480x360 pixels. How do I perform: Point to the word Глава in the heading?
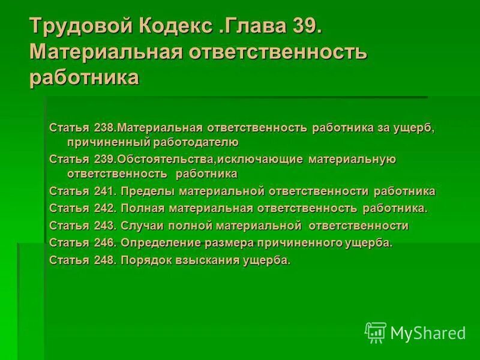click(256, 26)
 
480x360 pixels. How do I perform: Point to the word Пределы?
click(143, 191)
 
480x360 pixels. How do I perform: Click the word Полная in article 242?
click(142, 208)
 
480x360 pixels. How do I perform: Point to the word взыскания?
click(208, 260)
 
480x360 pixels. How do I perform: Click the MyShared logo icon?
click(376, 332)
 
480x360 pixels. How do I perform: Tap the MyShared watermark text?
click(428, 333)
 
